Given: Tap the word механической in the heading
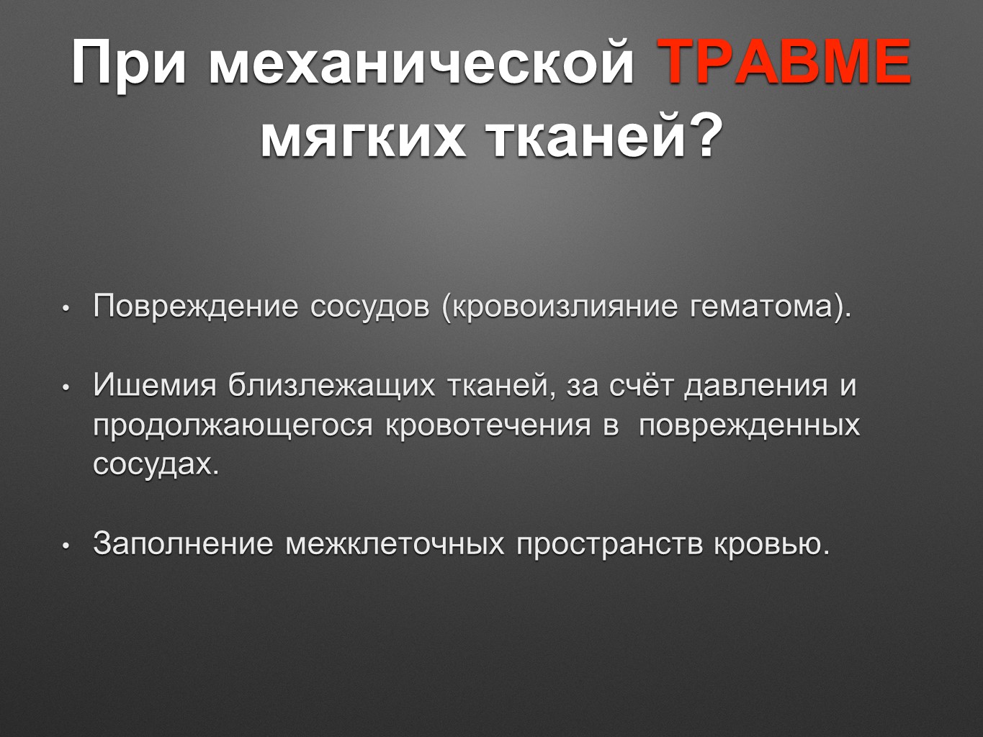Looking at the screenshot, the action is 421,63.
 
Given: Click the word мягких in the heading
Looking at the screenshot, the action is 363,136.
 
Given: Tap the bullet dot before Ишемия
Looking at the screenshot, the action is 66,389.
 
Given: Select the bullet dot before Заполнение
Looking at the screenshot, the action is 66,546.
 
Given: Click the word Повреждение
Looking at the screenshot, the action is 196,307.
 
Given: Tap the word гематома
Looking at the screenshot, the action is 761,307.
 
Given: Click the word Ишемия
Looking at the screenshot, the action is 155,385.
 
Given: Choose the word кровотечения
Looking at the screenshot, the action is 488,426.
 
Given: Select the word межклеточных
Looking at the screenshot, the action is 395,543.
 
